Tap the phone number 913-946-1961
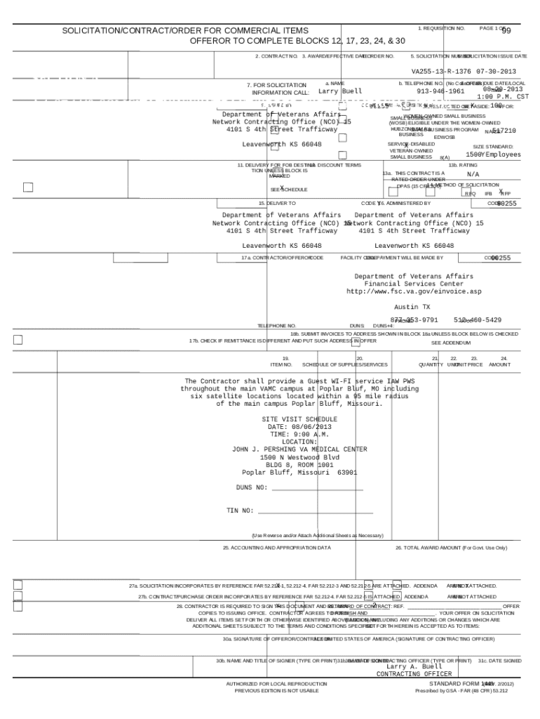(440, 91)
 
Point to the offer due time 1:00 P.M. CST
(502, 97)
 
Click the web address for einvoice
(414, 291)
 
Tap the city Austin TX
(412, 308)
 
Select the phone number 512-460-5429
(477, 320)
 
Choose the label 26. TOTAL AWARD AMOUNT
(450, 548)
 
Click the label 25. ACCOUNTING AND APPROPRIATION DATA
(276, 548)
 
